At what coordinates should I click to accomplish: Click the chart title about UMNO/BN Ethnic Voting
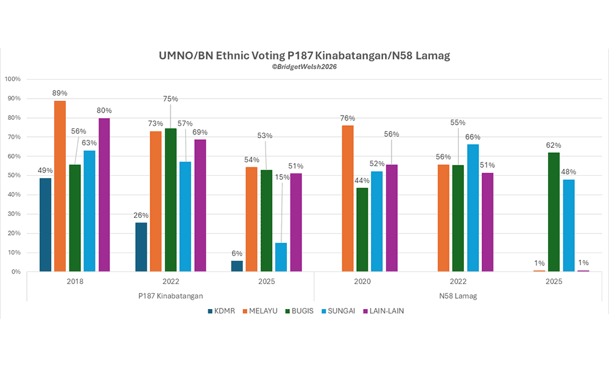click(x=304, y=56)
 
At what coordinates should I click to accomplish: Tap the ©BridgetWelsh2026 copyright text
click(x=304, y=67)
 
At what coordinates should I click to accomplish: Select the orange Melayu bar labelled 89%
click(x=60, y=186)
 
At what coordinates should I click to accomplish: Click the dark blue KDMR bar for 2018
click(x=45, y=224)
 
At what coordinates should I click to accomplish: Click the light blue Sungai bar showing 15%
click(x=281, y=257)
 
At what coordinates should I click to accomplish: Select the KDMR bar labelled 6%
click(x=237, y=266)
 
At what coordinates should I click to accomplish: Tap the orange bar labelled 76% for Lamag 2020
click(x=348, y=198)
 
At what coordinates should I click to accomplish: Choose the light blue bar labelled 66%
click(x=473, y=207)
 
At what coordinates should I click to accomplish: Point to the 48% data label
click(x=568, y=172)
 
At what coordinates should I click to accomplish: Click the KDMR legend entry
click(x=220, y=311)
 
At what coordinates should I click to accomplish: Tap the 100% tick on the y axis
click(x=12, y=79)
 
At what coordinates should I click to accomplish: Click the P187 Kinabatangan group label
click(x=171, y=296)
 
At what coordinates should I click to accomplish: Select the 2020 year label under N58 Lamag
click(x=362, y=282)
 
